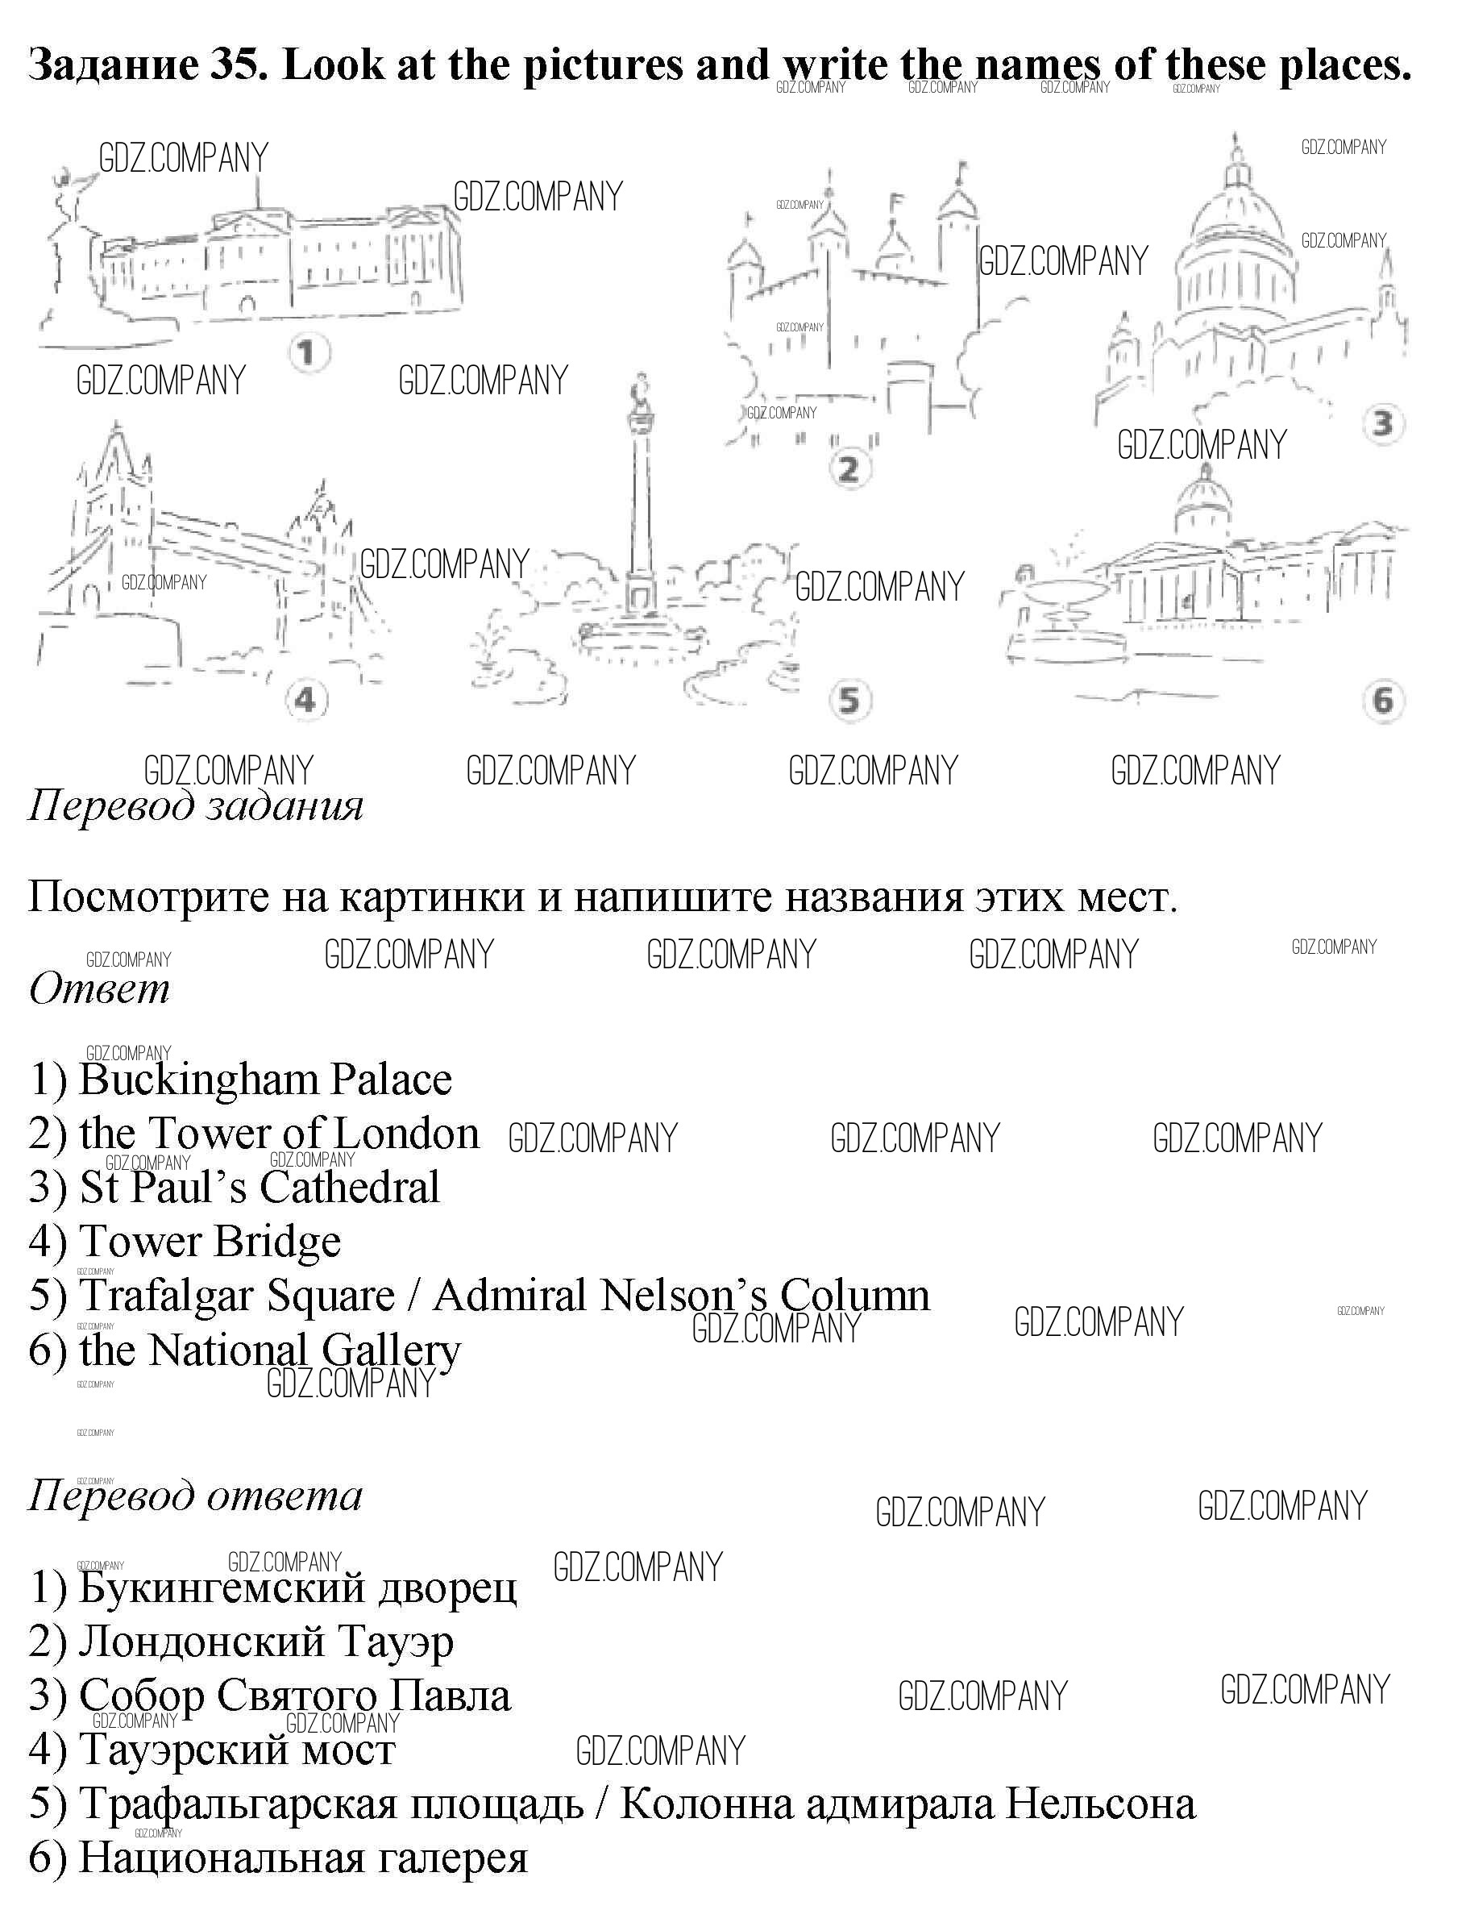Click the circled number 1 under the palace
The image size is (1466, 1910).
[x=305, y=355]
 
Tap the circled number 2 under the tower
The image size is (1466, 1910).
[x=847, y=470]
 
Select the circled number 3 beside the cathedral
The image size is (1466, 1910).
[x=1383, y=424]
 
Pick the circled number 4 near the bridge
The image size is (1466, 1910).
[x=305, y=700]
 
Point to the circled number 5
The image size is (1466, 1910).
[x=849, y=700]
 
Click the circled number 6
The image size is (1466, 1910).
[x=1383, y=700]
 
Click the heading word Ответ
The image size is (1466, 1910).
[x=98, y=989]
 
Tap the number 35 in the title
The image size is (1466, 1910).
[x=238, y=64]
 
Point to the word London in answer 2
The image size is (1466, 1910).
[x=407, y=1134]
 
